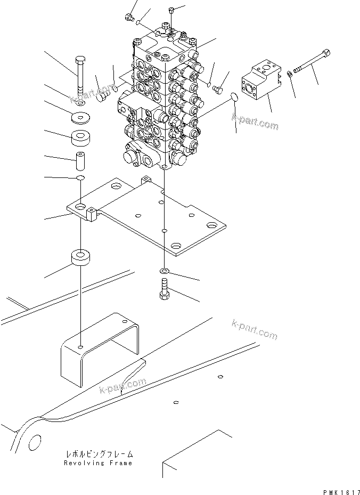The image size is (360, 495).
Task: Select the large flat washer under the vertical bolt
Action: [x=81, y=117]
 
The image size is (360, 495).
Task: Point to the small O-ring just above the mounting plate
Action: [x=79, y=177]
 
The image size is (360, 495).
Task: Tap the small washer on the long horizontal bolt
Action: [x=289, y=74]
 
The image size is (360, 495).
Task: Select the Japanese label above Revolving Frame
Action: [x=98, y=455]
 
